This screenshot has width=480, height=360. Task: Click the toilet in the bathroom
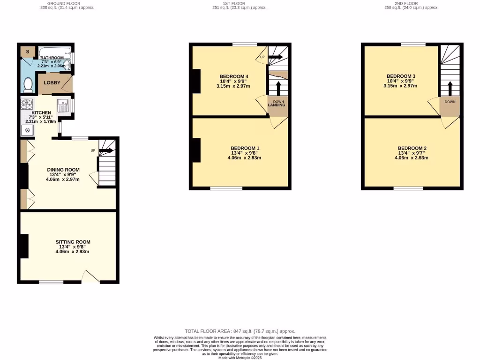point(28,85)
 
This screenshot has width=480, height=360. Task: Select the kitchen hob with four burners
point(26,105)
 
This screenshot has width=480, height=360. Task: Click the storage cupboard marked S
point(28,51)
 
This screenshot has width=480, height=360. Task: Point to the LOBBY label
point(52,82)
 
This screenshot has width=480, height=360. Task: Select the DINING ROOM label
point(63,170)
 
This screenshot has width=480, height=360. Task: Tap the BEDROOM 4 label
point(233,76)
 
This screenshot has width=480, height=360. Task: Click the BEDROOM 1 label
point(244,148)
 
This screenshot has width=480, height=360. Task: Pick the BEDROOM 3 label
point(401,76)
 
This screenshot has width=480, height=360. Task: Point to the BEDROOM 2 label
point(412,148)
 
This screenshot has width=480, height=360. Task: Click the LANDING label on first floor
point(276,105)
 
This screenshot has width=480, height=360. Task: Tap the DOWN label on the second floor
point(450,102)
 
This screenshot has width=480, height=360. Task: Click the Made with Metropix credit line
point(240,358)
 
